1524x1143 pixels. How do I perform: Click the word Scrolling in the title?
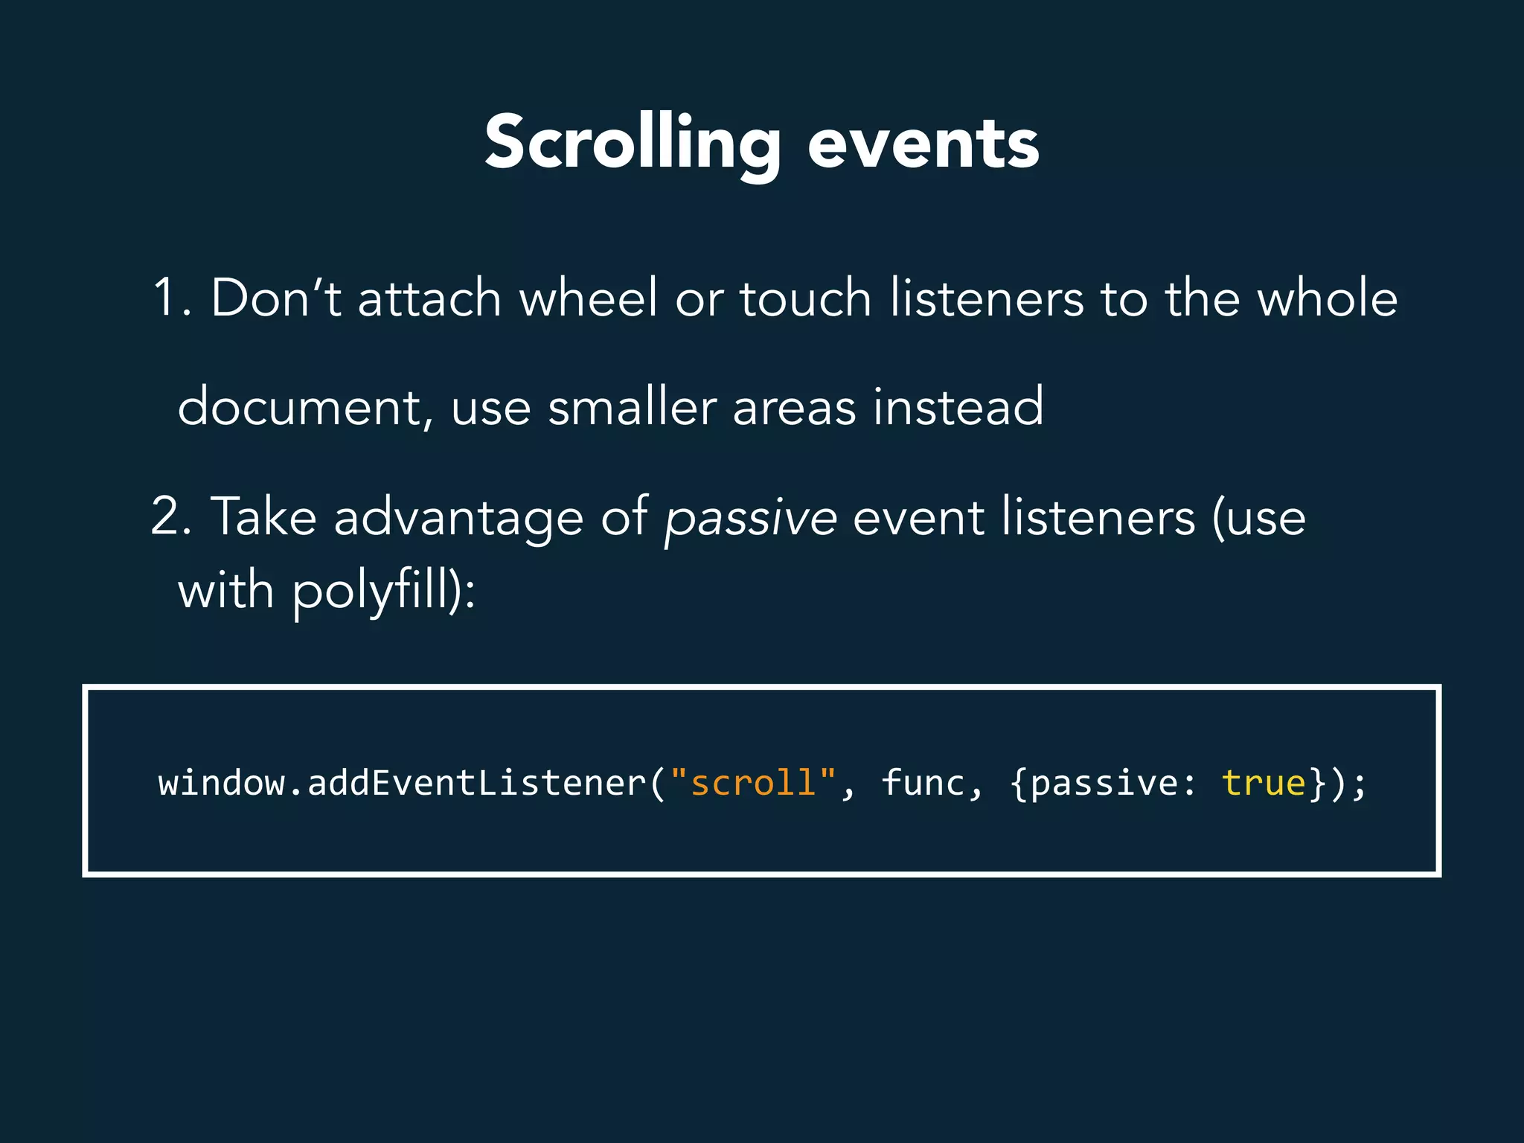pyautogui.click(x=633, y=144)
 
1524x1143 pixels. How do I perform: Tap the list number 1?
pyautogui.click(x=165, y=298)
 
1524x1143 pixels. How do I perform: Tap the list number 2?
pyautogui.click(x=165, y=516)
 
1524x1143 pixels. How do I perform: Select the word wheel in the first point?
pyautogui.click(x=588, y=298)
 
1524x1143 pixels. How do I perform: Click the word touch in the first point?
pyautogui.click(x=805, y=298)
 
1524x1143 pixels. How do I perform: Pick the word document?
pyautogui.click(x=306, y=408)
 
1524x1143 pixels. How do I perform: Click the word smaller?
pyautogui.click(x=632, y=408)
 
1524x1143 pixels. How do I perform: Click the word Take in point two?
pyautogui.click(x=263, y=516)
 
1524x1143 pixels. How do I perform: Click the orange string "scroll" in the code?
pyautogui.click(x=753, y=783)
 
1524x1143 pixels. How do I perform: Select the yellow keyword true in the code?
pyautogui.click(x=1264, y=783)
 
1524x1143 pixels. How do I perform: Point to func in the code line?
pyautogui.click(x=923, y=783)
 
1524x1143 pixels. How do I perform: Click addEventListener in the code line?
pyautogui.click(x=476, y=783)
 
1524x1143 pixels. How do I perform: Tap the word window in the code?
pyautogui.click(x=221, y=783)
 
